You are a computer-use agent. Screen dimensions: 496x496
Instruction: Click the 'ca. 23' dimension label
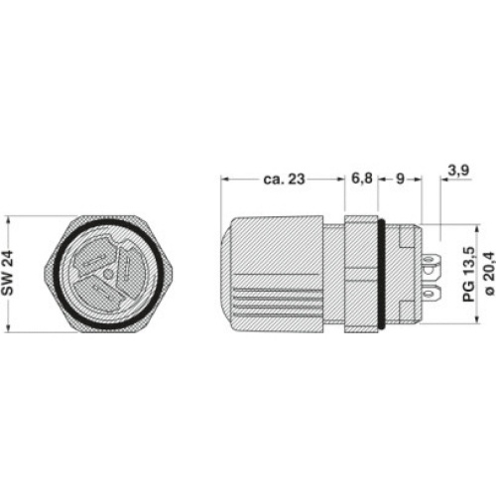click(284, 180)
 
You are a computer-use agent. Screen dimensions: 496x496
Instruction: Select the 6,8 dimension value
click(362, 179)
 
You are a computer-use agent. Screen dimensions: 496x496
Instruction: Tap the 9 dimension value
click(400, 179)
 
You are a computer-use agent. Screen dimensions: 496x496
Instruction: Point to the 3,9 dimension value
click(458, 171)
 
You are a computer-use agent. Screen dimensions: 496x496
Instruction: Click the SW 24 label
click(8, 273)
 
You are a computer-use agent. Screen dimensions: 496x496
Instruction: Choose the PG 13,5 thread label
click(469, 274)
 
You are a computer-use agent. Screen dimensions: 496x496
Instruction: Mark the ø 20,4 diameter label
click(489, 273)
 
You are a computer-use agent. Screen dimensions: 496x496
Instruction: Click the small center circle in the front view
click(107, 274)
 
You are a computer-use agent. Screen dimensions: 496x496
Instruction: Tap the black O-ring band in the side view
click(381, 274)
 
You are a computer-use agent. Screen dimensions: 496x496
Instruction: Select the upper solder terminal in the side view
click(432, 263)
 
